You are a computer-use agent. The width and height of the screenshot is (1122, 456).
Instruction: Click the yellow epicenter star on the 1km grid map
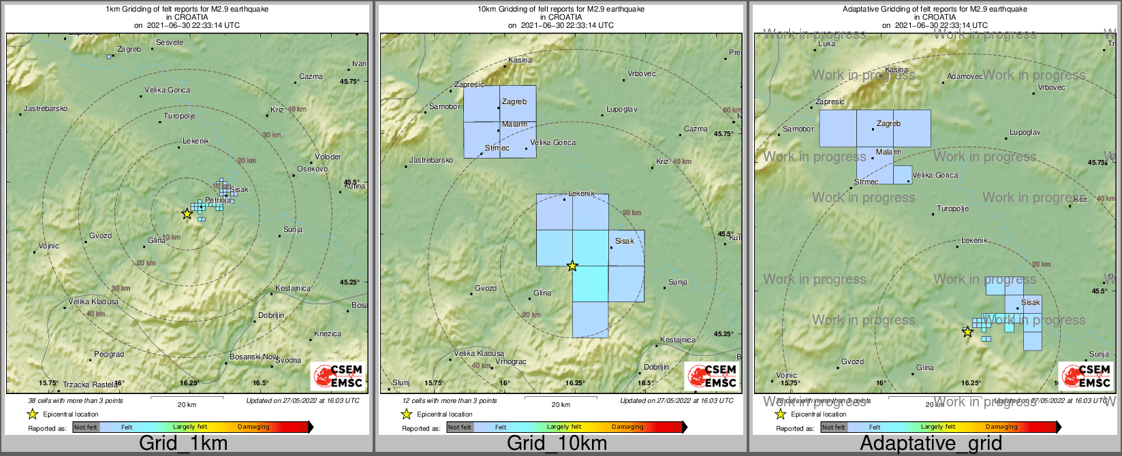[187, 214]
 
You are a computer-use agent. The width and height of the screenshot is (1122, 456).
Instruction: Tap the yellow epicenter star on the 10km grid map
[572, 266]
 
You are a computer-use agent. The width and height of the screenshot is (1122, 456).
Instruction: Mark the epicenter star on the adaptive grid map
[967, 332]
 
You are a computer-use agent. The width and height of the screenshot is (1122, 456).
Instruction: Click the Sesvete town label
[170, 42]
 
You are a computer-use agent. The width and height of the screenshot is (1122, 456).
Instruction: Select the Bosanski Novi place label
[254, 357]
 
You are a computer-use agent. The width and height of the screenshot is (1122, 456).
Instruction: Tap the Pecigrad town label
[109, 354]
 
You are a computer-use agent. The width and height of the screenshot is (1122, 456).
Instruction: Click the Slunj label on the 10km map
[401, 382]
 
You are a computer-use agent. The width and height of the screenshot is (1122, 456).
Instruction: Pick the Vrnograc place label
[510, 361]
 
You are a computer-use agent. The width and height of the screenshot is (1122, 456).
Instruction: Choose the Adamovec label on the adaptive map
[965, 76]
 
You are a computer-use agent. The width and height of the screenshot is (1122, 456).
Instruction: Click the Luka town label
[826, 44]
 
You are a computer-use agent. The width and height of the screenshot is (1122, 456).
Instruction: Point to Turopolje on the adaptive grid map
[952, 208]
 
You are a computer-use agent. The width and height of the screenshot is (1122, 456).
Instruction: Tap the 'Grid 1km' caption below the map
[183, 444]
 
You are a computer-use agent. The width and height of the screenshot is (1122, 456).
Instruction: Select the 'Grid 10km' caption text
[557, 444]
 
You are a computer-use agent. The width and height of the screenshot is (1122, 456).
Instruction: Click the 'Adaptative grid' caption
[931, 444]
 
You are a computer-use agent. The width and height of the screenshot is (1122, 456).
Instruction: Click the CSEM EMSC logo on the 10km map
[713, 376]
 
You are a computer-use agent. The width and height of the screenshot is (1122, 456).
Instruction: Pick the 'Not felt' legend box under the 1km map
[86, 427]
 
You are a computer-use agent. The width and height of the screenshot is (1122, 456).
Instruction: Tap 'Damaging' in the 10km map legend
[627, 427]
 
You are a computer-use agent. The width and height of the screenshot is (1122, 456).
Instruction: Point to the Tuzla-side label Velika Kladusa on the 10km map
[479, 353]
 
